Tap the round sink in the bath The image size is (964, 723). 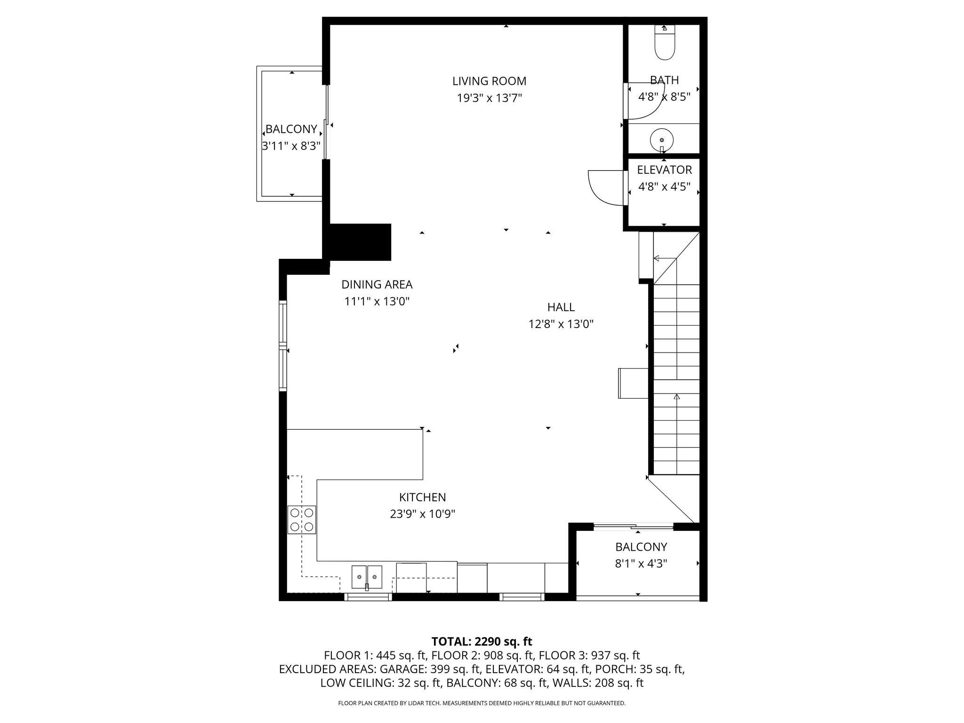[x=662, y=140]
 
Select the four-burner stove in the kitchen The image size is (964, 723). [x=302, y=520]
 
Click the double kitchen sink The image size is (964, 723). [x=367, y=577]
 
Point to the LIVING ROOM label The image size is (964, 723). [x=489, y=81]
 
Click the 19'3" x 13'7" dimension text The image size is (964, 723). [x=489, y=98]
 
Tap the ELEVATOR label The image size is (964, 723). [x=664, y=170]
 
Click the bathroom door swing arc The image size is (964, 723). [x=647, y=103]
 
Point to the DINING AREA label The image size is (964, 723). [x=377, y=284]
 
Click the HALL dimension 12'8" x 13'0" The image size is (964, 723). [x=561, y=324]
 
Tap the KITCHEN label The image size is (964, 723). [x=422, y=497]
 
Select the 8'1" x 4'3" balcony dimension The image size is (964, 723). [x=641, y=563]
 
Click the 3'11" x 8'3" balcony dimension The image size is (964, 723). [x=291, y=146]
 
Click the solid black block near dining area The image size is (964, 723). [x=360, y=242]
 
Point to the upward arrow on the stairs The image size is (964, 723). [x=677, y=398]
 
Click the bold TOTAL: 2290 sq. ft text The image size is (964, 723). [x=482, y=641]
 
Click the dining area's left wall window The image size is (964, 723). [x=283, y=346]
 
